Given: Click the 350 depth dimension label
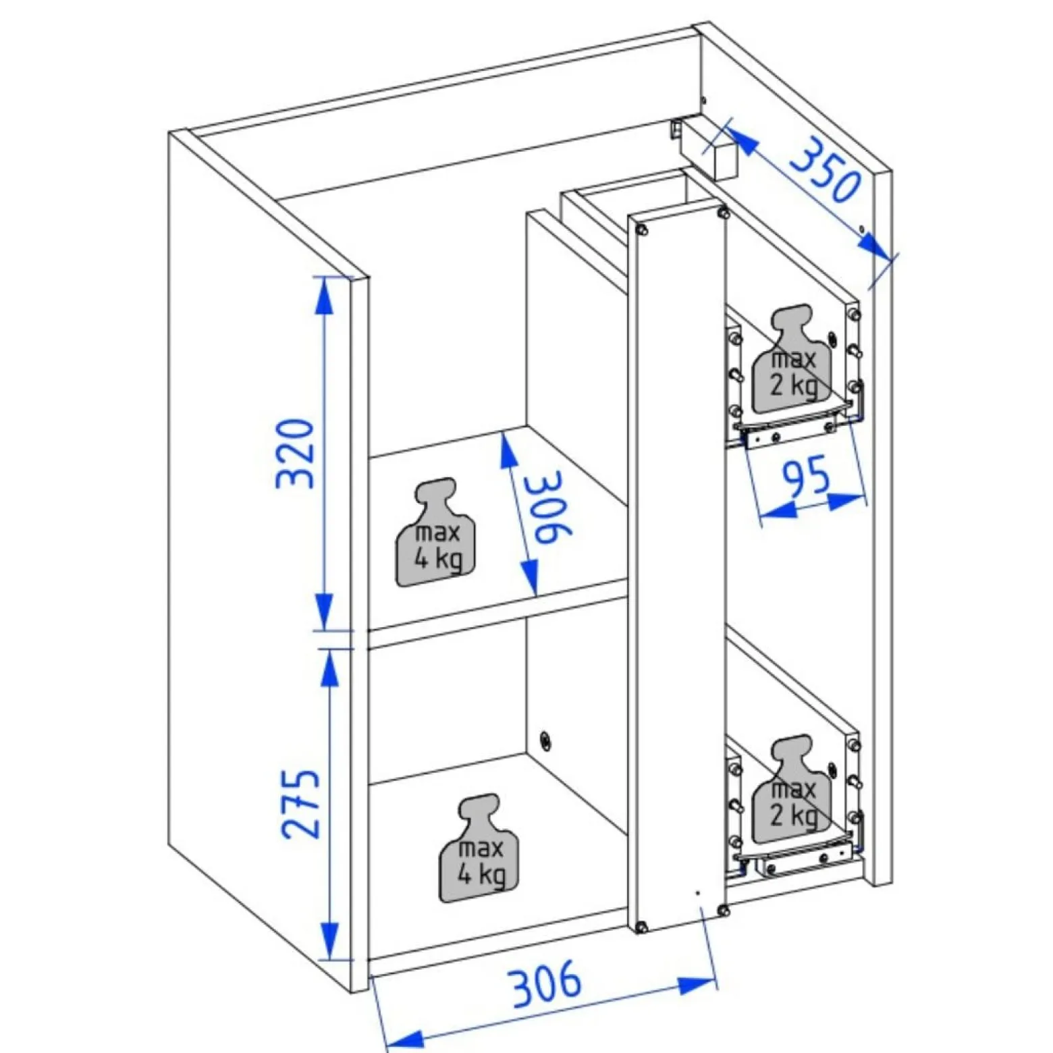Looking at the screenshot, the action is [x=826, y=169].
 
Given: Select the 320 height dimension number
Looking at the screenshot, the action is [x=296, y=454].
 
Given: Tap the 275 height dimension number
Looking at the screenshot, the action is [x=300, y=803].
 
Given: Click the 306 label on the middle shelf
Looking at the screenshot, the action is [x=549, y=506].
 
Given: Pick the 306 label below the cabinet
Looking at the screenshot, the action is [x=546, y=981].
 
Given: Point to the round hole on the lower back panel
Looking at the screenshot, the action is [x=545, y=740].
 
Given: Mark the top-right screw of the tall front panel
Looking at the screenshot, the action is [x=724, y=214].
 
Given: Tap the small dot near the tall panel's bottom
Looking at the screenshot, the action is [x=698, y=892].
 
